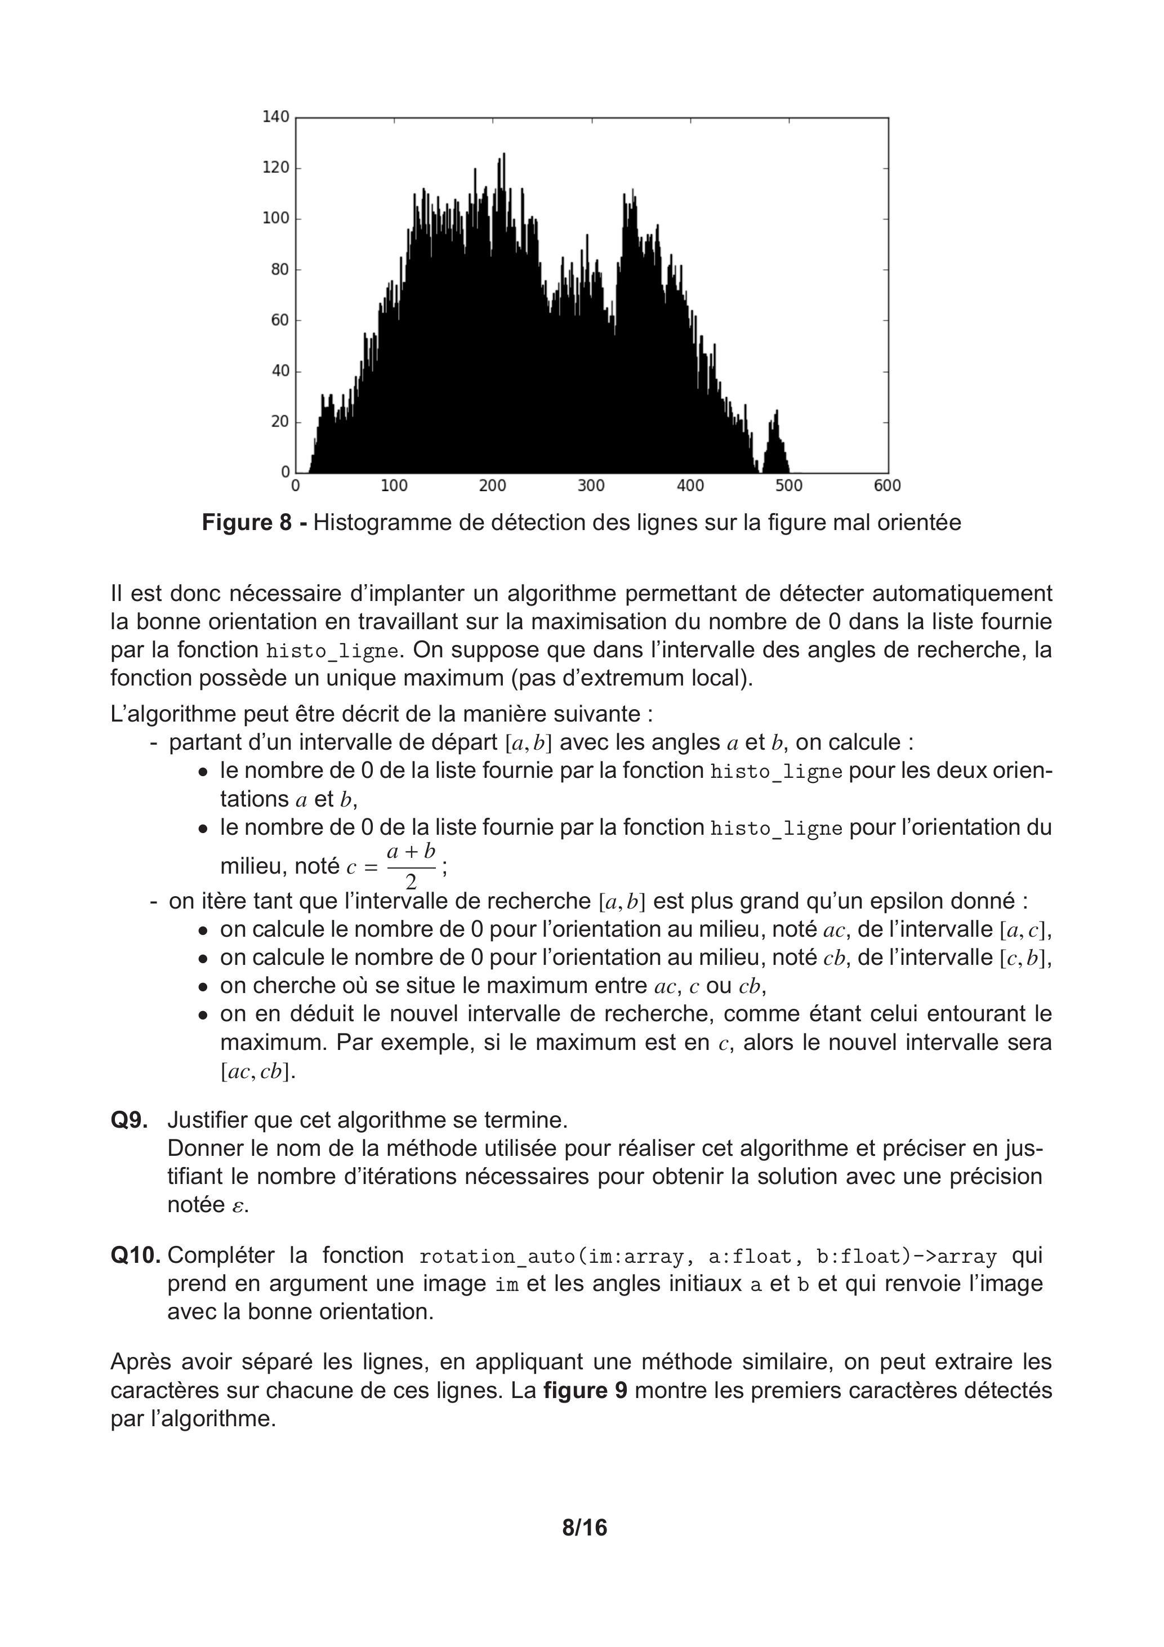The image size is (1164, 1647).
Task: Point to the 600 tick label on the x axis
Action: tap(887, 486)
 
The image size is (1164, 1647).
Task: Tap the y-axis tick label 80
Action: tap(280, 270)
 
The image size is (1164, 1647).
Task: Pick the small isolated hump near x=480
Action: tap(774, 445)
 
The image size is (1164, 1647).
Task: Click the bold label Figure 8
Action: tap(247, 522)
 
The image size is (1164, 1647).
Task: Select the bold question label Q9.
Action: tap(129, 1120)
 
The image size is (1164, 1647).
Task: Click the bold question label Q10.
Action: tap(136, 1256)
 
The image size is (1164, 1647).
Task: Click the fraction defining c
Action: tap(411, 866)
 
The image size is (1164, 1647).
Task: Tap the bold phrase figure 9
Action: tap(585, 1390)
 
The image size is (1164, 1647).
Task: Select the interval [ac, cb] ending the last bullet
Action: tap(257, 1072)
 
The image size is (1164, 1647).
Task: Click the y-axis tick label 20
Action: tap(280, 422)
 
